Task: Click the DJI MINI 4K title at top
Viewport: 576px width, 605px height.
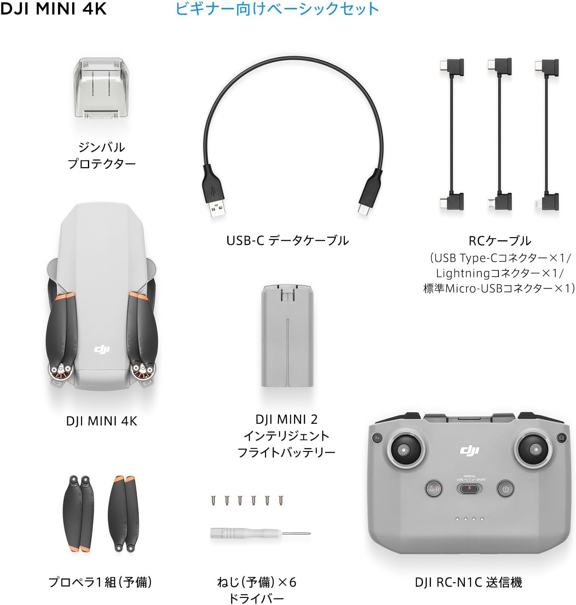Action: coord(53,9)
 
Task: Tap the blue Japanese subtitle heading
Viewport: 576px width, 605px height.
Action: coord(277,9)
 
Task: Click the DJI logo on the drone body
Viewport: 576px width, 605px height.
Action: coord(102,349)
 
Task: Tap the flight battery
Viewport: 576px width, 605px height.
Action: coord(287,336)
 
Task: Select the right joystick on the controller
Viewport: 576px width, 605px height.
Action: coord(536,450)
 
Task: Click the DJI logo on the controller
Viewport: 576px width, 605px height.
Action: coord(469,450)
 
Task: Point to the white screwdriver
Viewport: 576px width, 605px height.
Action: coord(260,533)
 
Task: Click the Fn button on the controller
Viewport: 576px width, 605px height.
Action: coord(377,438)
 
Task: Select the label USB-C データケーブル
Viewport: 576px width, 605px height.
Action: coord(287,241)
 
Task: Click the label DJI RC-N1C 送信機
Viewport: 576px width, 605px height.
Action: coord(468,583)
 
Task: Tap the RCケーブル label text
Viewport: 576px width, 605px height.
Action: coord(500,241)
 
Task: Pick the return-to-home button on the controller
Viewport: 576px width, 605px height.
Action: coord(434,488)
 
